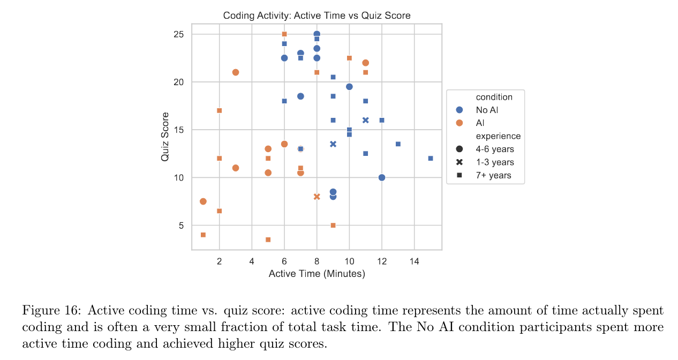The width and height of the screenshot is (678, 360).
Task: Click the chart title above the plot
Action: click(317, 16)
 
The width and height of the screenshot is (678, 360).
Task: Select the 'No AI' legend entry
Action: click(487, 110)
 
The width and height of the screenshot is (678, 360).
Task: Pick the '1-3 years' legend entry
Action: click(494, 162)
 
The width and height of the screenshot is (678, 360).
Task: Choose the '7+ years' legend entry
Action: click(493, 175)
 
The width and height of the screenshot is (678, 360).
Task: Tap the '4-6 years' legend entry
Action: click(494, 149)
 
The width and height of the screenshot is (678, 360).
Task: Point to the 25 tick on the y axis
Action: click(178, 34)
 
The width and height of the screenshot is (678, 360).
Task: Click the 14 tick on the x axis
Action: click(414, 261)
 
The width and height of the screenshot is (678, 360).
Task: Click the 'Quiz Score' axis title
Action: click(165, 137)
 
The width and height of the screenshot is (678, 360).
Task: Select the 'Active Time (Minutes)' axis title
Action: click(317, 274)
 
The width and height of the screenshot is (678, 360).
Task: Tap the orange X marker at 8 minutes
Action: click(317, 197)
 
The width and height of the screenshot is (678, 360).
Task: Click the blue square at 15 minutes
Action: click(431, 159)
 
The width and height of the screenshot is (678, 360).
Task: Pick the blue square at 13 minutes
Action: click(398, 144)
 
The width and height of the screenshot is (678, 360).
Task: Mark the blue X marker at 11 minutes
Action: click(365, 120)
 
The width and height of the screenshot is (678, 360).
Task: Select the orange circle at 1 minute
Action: click(203, 201)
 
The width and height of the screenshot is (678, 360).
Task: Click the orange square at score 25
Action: click(284, 34)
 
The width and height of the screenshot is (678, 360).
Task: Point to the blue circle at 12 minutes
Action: click(382, 177)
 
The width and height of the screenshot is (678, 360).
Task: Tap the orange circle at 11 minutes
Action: click(365, 63)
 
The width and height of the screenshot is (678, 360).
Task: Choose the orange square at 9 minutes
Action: click(333, 226)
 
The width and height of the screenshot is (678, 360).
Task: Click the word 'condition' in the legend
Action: click(494, 97)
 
